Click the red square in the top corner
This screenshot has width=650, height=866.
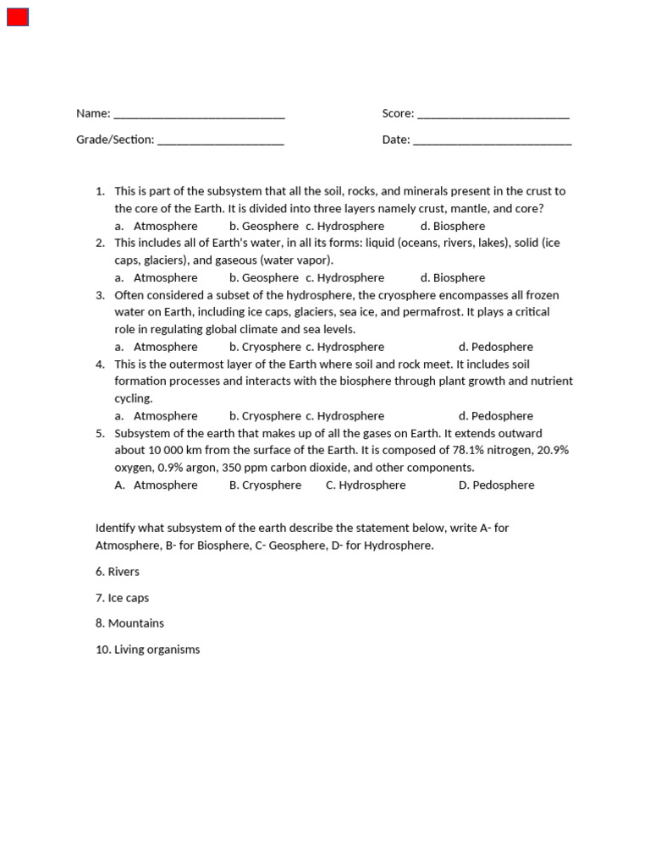18,17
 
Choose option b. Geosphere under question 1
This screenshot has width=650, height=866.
263,226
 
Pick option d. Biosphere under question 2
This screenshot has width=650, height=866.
453,277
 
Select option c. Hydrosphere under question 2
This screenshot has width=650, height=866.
344,277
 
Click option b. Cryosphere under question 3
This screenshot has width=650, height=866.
265,347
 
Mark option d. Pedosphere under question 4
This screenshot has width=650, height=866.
496,416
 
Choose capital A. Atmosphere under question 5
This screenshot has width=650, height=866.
157,485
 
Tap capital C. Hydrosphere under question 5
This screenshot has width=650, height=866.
366,485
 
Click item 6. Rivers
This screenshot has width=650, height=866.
118,572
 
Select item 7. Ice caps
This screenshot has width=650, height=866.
122,598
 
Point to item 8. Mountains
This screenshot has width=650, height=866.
129,623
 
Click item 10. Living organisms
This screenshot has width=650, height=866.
148,649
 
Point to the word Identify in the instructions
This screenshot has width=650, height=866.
116,528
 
